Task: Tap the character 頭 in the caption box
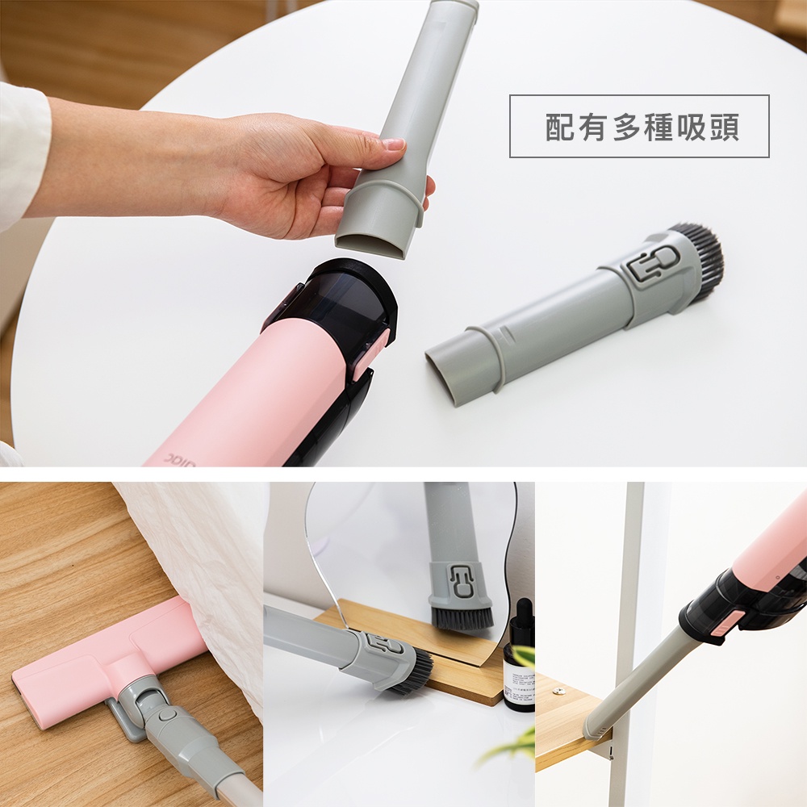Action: pos(725,127)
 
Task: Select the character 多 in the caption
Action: pos(626,127)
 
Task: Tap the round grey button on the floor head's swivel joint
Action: pos(167,715)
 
